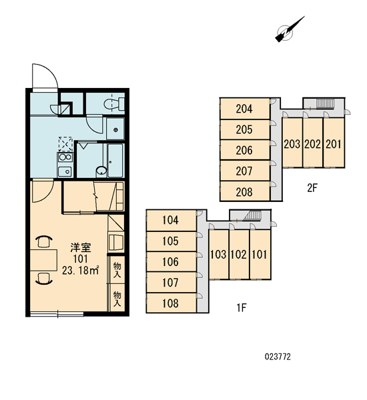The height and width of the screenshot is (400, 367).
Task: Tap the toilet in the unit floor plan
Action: (114, 104)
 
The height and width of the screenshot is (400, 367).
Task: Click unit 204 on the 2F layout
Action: (244, 109)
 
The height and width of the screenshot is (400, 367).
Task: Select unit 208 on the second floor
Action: (244, 192)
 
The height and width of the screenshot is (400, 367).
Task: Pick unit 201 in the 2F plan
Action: (334, 144)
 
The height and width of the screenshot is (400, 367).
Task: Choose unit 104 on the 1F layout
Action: (171, 220)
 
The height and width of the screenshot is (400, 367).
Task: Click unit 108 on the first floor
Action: (171, 303)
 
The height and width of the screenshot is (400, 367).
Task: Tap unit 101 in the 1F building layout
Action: (260, 255)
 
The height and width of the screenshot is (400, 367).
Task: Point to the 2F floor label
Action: (312, 188)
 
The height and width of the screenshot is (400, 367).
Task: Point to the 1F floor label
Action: (242, 307)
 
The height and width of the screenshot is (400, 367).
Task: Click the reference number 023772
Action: (278, 357)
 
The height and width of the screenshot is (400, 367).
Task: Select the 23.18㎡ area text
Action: (81, 270)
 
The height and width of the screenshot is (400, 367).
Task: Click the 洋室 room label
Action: (81, 247)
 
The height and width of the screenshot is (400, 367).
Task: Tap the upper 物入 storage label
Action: (117, 270)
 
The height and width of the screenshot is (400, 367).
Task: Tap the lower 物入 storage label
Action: (117, 299)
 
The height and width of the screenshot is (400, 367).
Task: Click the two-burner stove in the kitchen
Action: (65, 157)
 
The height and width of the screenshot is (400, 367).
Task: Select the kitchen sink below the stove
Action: (65, 171)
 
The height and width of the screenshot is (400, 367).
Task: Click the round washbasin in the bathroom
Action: (101, 171)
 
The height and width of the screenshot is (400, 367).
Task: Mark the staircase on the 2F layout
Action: (325, 103)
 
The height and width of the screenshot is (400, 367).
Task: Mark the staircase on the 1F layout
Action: (252, 216)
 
